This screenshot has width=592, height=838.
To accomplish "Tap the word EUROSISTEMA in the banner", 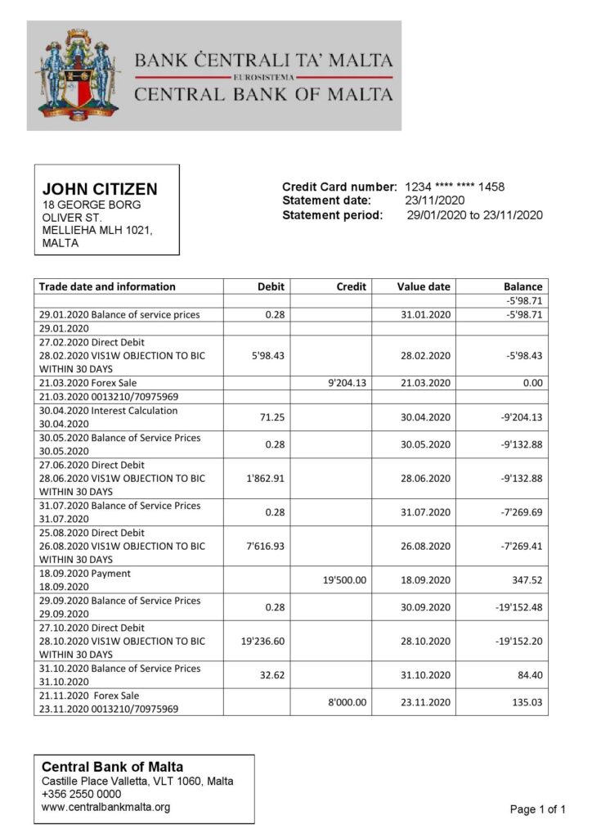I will coord(263,76).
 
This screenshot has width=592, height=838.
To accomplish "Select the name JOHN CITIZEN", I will coord(100,189).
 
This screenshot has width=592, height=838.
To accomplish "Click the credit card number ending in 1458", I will coord(455,187).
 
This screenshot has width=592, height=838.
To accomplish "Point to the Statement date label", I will coord(326,200).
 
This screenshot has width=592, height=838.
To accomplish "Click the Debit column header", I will coord(271,286).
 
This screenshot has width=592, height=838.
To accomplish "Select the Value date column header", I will coord(424,286).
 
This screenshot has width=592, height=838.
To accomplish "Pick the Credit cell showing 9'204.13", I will coord(347,382).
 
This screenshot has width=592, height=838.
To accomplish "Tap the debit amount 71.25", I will coord(271,417).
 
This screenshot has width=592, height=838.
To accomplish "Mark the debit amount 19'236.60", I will coord(262,641).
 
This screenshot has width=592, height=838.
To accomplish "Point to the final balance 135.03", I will coord(525,702).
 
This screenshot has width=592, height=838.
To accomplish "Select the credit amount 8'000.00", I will coord(347,702).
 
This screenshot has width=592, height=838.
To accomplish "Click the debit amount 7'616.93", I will coord(265,546).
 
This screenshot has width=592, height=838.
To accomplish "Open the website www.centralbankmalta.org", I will coord(105,807).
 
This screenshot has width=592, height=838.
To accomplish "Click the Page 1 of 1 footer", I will coord(537,809).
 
